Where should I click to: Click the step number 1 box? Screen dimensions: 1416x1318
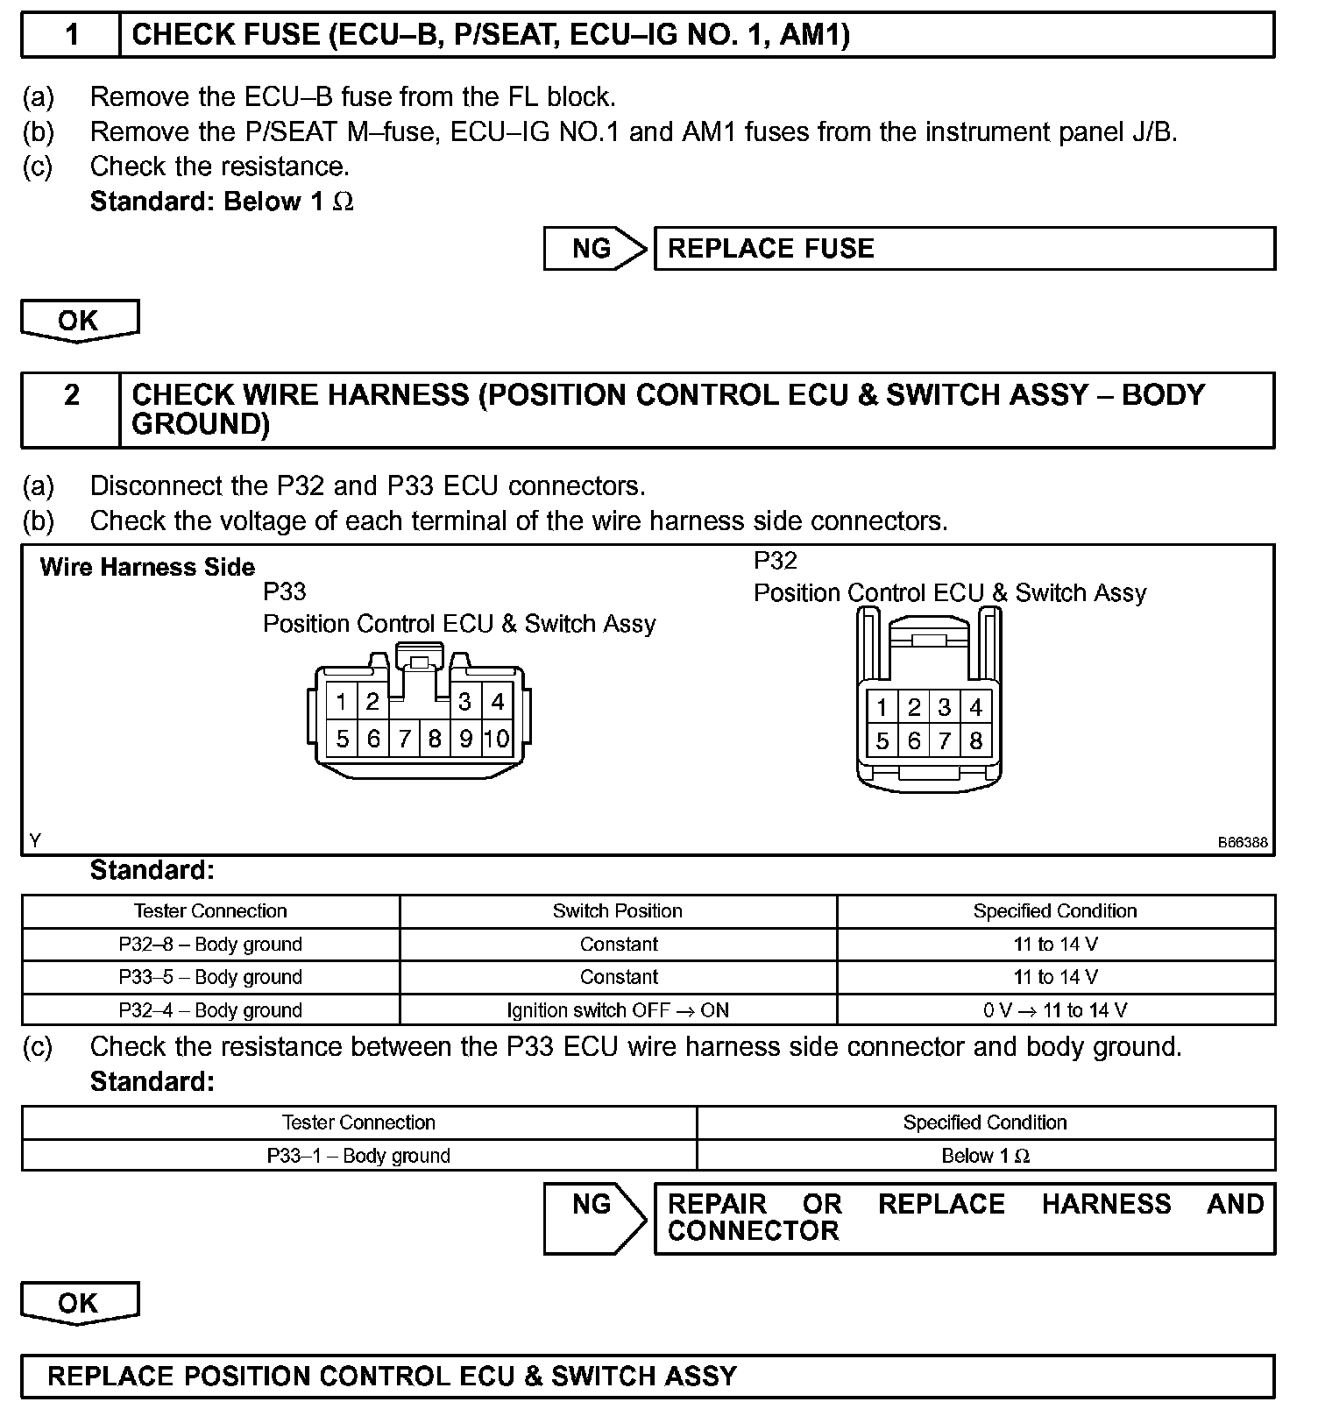pyautogui.click(x=71, y=35)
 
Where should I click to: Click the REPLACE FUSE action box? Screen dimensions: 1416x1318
pyautogui.click(x=964, y=249)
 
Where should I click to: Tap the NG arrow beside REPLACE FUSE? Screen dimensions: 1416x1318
pyautogui.click(x=594, y=249)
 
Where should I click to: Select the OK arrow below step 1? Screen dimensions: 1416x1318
pyautogui.click(x=79, y=321)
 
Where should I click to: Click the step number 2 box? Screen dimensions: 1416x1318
pyautogui.click(x=71, y=410)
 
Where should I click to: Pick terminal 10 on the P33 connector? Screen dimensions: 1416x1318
pyautogui.click(x=496, y=739)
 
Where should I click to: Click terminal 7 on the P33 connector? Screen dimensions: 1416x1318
pyautogui.click(x=404, y=739)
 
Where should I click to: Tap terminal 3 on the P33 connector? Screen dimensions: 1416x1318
pyautogui.click(x=464, y=702)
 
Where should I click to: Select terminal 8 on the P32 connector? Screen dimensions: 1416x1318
pyautogui.click(x=975, y=741)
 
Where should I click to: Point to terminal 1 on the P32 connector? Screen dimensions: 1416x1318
pyautogui.click(x=882, y=708)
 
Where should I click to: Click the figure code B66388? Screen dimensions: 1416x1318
pyautogui.click(x=1242, y=843)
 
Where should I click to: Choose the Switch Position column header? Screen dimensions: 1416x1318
pyautogui.click(x=617, y=911)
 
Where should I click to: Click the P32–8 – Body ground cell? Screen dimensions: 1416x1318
pyautogui.click(x=210, y=945)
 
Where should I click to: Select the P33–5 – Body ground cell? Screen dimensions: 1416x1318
pyautogui.click(x=210, y=977)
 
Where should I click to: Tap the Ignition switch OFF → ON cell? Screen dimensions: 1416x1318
pyautogui.click(x=617, y=1010)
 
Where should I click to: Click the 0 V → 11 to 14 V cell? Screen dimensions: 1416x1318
pyautogui.click(x=1055, y=1010)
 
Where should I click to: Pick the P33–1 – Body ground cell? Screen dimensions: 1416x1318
pyautogui.click(x=358, y=1156)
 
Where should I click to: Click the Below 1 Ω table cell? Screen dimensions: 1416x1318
pyautogui.click(x=985, y=1156)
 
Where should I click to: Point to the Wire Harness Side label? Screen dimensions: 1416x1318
pyautogui.click(x=147, y=568)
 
